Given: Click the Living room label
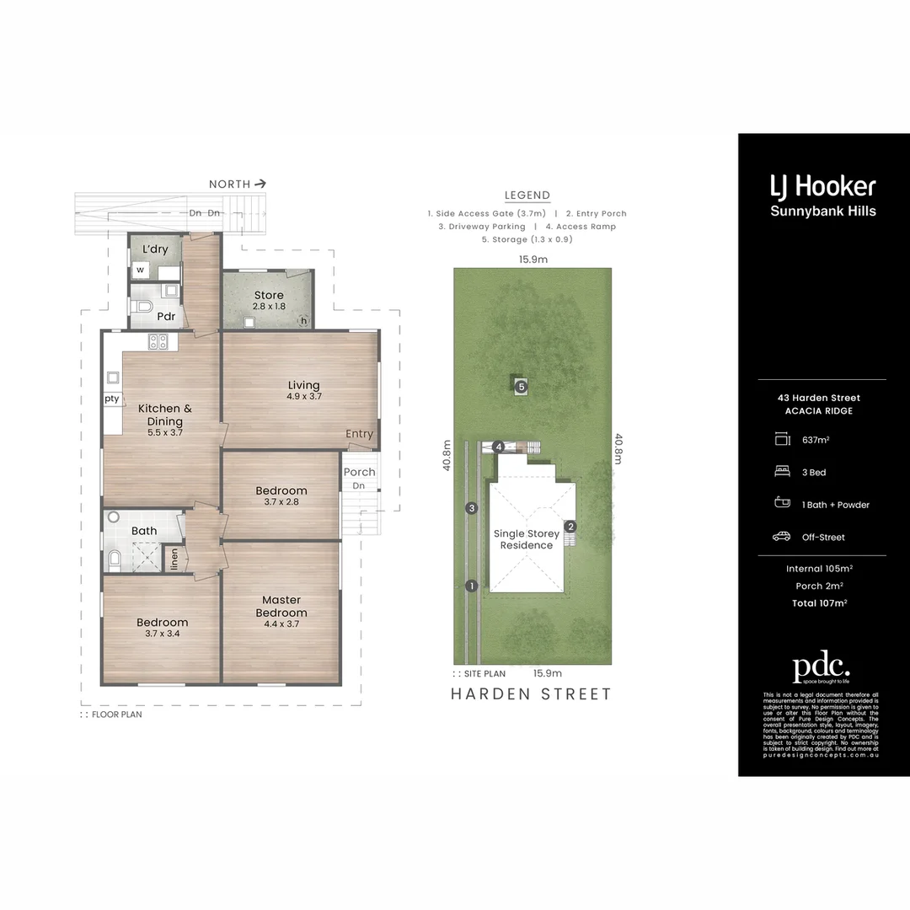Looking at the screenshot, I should pyautogui.click(x=303, y=385).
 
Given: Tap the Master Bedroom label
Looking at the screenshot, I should pyautogui.click(x=281, y=607).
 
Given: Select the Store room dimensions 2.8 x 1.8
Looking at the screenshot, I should pyautogui.click(x=270, y=307).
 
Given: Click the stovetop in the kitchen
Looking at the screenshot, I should pyautogui.click(x=158, y=341).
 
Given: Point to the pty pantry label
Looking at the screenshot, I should pyautogui.click(x=112, y=399).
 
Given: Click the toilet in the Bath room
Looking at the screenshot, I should pyautogui.click(x=114, y=559).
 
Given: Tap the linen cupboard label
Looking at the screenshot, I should pyautogui.click(x=174, y=558).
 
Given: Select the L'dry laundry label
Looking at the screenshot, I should pyautogui.click(x=155, y=249).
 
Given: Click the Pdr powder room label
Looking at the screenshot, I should pyautogui.click(x=166, y=317).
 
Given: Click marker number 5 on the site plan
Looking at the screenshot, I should pyautogui.click(x=522, y=387).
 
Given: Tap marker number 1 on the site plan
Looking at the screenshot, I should pyautogui.click(x=472, y=586).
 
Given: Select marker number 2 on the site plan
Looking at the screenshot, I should pyautogui.click(x=570, y=527).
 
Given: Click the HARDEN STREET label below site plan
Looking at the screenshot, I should pyautogui.click(x=531, y=694).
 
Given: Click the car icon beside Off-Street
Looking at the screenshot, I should pyautogui.click(x=781, y=537).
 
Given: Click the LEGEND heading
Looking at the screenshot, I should pyautogui.click(x=527, y=195).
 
